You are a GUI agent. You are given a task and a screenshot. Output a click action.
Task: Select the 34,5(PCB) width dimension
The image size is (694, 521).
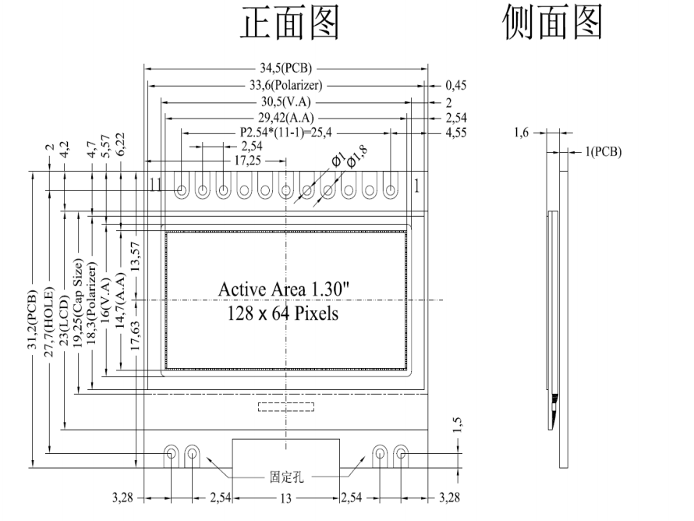point(285,69)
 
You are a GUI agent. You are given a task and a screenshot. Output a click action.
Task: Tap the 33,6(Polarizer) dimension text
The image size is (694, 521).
point(285,85)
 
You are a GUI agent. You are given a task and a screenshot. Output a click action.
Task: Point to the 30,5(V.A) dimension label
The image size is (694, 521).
point(285,101)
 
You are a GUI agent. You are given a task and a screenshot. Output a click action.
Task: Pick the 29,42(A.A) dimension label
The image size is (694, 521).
point(285,118)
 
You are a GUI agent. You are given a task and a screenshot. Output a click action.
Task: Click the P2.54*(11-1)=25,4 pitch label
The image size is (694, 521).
point(285,133)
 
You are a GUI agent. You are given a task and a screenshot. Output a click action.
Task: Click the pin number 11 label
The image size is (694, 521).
point(156,186)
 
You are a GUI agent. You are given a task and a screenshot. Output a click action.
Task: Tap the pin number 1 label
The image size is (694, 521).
point(417,186)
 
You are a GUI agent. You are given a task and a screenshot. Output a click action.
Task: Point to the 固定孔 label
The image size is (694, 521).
point(287,476)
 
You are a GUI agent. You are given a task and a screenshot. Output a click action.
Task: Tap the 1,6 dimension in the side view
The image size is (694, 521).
point(522,133)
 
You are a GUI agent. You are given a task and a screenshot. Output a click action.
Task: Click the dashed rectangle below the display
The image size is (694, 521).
point(285,406)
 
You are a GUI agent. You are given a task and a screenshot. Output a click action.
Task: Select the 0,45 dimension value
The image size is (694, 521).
point(456,86)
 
